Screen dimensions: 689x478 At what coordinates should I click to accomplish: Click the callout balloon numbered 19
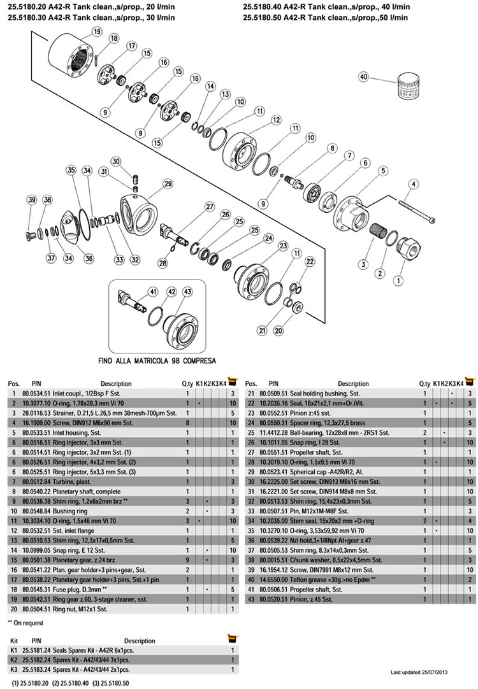point(97,31)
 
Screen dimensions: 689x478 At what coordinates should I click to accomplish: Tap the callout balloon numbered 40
point(364,76)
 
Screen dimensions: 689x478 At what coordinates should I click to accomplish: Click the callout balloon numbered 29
point(168,184)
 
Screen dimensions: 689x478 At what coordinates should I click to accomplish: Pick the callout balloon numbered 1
point(400,279)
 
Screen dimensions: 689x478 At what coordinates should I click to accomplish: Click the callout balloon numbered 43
point(187,291)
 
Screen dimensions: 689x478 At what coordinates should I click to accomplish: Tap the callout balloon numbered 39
point(32,200)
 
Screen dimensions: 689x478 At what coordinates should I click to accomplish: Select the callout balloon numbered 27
point(209,206)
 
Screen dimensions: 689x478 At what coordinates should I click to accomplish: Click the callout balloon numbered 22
point(310,261)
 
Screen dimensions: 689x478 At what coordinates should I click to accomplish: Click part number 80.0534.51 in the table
point(36,395)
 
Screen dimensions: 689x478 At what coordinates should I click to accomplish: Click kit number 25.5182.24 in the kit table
point(40,660)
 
